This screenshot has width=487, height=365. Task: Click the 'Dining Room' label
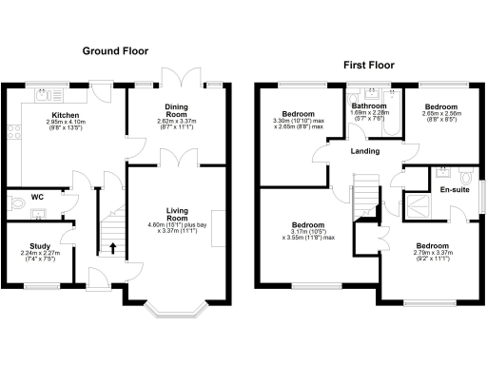174,110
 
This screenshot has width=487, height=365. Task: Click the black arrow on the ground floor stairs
115,250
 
